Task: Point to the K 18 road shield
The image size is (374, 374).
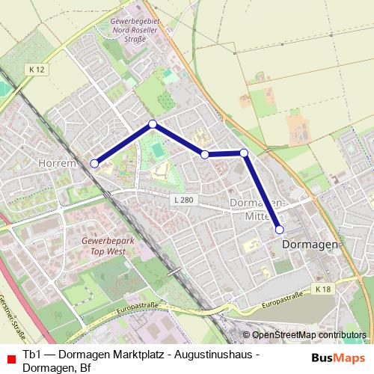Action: [x=322, y=289]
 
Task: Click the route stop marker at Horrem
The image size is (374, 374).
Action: [x=95, y=163]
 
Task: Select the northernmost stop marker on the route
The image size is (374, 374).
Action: [x=153, y=124]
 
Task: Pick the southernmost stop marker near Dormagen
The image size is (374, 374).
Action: [x=279, y=230]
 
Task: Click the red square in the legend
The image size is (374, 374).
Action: [x=9, y=359]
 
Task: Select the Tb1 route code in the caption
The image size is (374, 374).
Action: [x=31, y=353]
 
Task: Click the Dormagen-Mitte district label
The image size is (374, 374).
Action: [x=257, y=209]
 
